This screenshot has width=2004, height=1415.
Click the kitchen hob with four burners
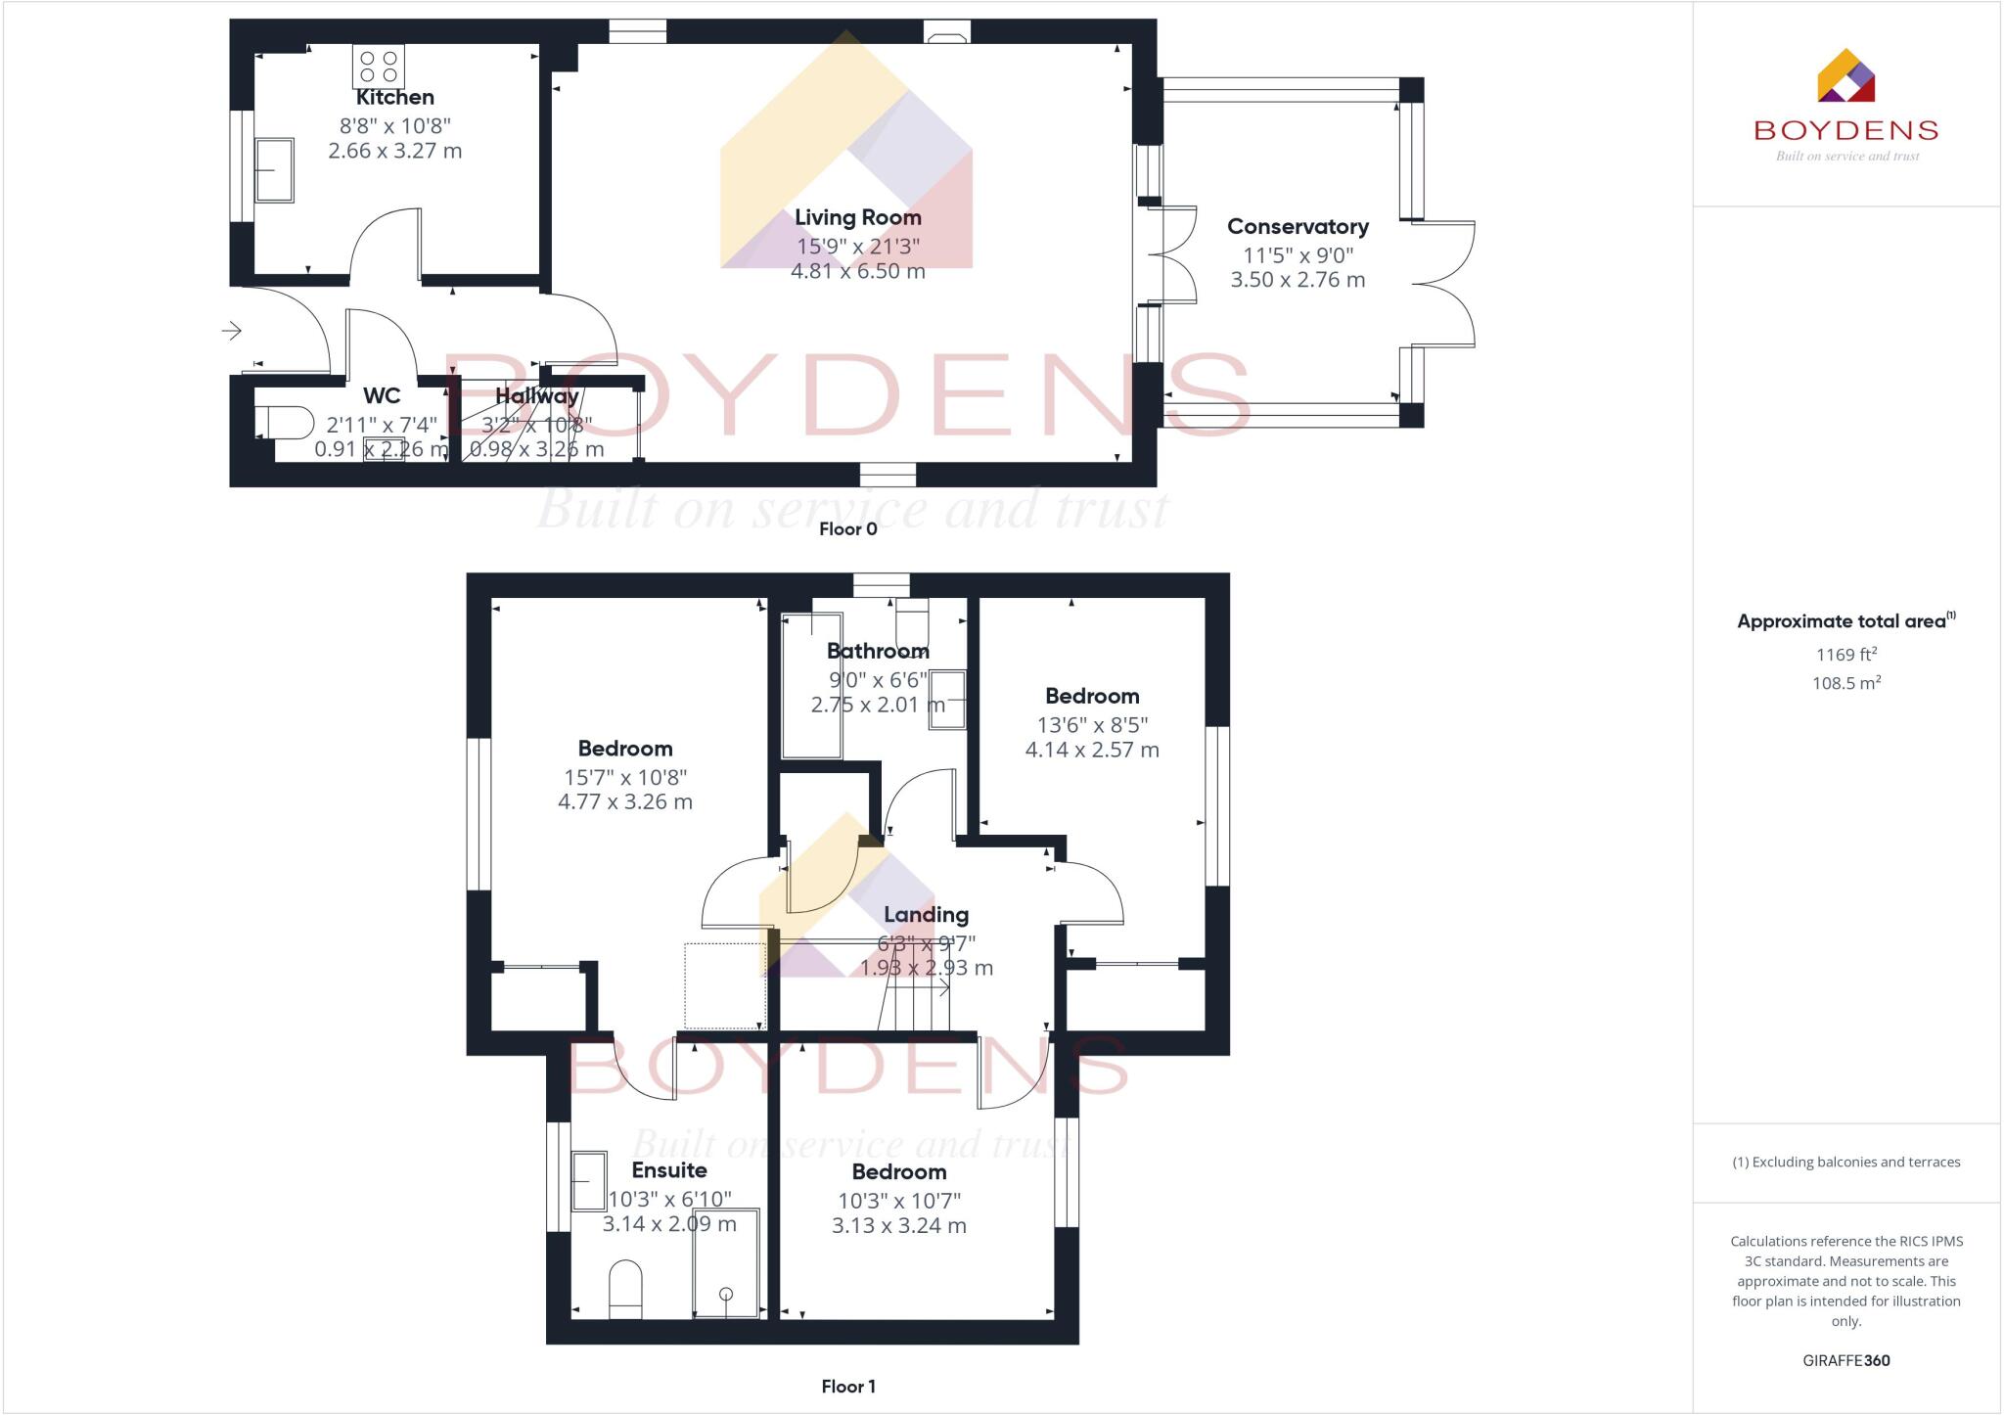379,67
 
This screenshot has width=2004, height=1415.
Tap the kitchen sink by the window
275,170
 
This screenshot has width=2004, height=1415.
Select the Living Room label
857,217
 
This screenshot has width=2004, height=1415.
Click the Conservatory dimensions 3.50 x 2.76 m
1298,280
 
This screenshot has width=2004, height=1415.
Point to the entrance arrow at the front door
232,331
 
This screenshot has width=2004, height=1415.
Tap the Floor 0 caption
847,529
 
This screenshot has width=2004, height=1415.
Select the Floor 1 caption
847,1387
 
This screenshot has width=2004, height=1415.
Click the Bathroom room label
878,651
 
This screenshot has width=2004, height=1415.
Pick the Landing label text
926,915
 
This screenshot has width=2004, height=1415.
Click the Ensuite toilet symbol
625,1289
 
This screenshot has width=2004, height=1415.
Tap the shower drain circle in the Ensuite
726,1294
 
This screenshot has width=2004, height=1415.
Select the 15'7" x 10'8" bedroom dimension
625,777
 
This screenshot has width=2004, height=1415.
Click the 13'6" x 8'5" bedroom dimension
1092,725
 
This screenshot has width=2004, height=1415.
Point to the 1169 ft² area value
1846,655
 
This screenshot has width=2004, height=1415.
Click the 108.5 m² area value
1846,683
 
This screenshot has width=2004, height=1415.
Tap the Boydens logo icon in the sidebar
1845,76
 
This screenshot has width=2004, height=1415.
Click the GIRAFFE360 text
1845,1360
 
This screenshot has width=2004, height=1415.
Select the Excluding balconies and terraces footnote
1845,1163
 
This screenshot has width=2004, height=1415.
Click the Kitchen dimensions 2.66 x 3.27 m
394,151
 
